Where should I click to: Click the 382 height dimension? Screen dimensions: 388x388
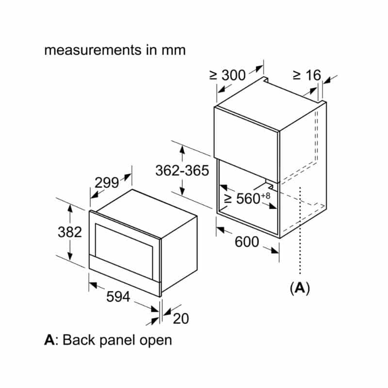(x=70, y=232)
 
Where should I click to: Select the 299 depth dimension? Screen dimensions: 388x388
(x=107, y=183)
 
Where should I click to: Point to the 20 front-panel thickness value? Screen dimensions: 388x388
(x=180, y=319)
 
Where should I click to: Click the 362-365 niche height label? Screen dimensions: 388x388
(x=182, y=171)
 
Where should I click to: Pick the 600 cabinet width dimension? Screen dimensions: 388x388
(x=247, y=242)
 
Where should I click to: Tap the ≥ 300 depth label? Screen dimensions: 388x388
(x=227, y=75)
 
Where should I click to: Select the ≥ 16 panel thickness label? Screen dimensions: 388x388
(x=307, y=75)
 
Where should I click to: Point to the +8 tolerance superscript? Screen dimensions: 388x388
(x=265, y=195)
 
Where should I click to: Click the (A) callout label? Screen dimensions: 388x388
(x=300, y=288)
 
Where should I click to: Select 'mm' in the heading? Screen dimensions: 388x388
(x=174, y=50)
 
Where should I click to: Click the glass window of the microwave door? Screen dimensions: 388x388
(x=124, y=245)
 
